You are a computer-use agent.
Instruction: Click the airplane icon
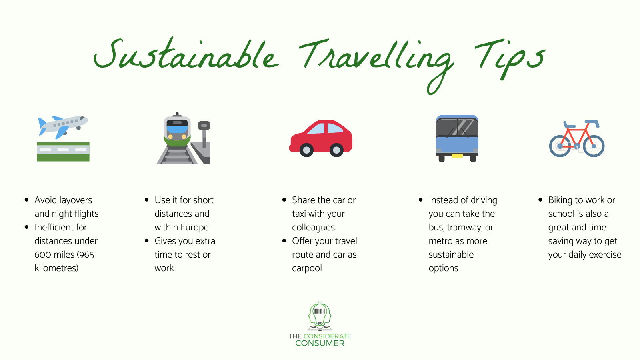pyautogui.click(x=63, y=126)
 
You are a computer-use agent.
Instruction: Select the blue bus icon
pyautogui.click(x=457, y=138)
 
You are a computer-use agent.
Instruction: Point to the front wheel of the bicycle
pyautogui.click(x=594, y=146)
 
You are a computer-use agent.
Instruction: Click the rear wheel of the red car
pyautogui.click(x=306, y=150)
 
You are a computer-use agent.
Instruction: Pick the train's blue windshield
pyautogui.click(x=177, y=129)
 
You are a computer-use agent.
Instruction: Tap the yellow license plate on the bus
pyautogui.click(x=457, y=156)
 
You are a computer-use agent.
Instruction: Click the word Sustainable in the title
pyautogui.click(x=186, y=56)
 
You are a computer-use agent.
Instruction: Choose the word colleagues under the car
pyautogui.click(x=313, y=228)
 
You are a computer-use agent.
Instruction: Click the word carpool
pyautogui.click(x=307, y=268)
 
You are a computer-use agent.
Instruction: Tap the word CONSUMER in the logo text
pyautogui.click(x=320, y=343)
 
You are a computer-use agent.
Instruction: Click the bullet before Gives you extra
pyautogui.click(x=147, y=241)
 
